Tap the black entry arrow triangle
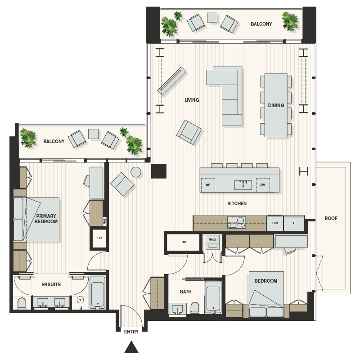(131, 346)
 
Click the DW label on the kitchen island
(262, 184)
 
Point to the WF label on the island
(208, 184)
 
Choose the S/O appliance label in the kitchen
(274, 223)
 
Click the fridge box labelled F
(294, 223)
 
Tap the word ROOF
(331, 219)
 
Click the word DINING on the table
(276, 106)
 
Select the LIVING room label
(192, 100)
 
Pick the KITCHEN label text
(237, 204)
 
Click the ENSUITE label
(51, 284)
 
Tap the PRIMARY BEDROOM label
(47, 219)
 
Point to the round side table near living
(136, 172)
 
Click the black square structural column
(158, 171)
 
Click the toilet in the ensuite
(22, 304)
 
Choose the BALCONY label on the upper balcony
(261, 24)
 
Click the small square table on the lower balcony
(93, 134)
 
